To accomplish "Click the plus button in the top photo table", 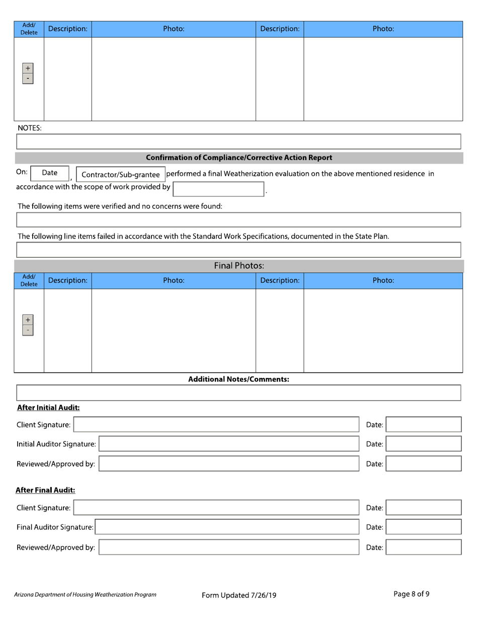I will [x=28, y=68].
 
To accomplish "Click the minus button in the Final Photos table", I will [x=28, y=330].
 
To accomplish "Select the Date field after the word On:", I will [x=50, y=173].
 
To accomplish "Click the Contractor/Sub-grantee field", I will [x=120, y=175].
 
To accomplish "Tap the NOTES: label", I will [x=30, y=128].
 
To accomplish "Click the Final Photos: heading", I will [x=239, y=266].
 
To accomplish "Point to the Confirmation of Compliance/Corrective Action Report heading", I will [x=239, y=158].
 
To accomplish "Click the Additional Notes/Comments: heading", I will [x=238, y=379].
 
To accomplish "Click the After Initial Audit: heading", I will [x=48, y=408].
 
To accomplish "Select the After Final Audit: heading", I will [x=45, y=490].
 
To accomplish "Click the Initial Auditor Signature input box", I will [x=229, y=444].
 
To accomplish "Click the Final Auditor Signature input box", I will [x=227, y=527].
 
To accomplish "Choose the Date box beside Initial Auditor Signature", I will [x=423, y=444].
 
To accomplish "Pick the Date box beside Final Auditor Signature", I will [x=423, y=527].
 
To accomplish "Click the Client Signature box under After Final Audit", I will [x=216, y=508].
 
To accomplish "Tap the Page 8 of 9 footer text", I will [x=411, y=594].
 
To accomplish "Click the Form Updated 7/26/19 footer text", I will [x=239, y=595].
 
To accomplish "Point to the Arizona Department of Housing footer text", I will [x=85, y=594].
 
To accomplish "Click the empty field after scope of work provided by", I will [x=218, y=189].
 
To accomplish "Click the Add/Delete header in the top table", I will [x=29, y=29].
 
